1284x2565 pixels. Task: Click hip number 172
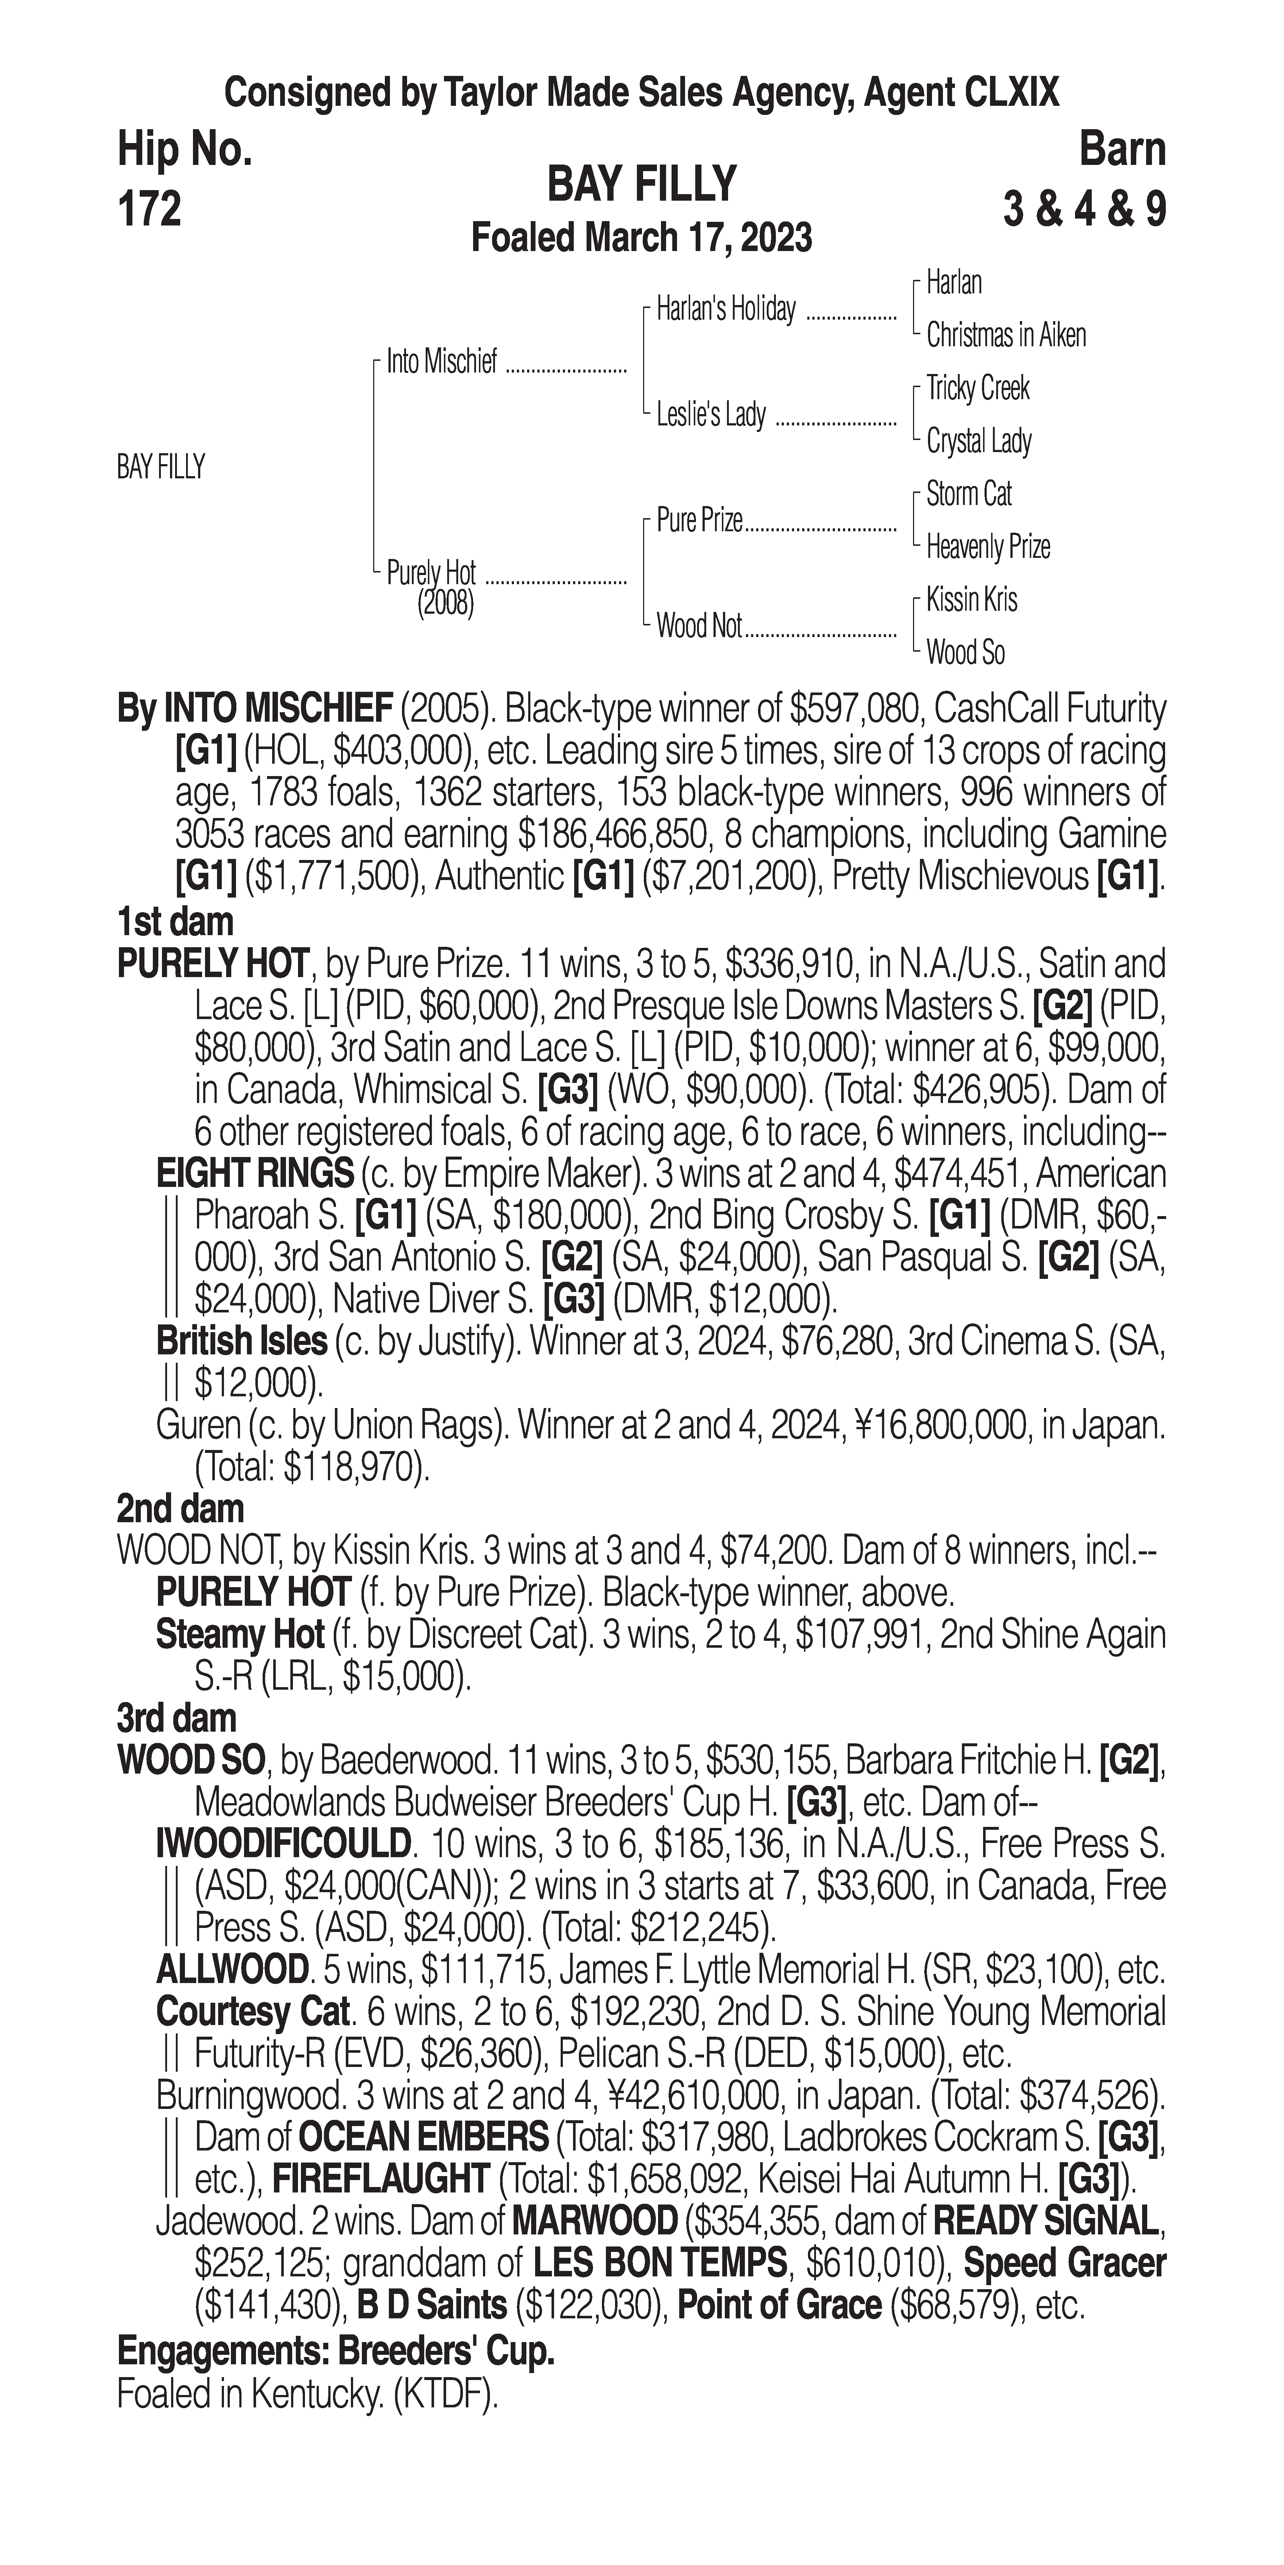click(149, 209)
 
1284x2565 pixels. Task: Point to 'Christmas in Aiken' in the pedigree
click(1005, 336)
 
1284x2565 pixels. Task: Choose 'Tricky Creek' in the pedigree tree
click(978, 388)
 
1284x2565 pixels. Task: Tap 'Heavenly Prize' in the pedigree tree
click(987, 547)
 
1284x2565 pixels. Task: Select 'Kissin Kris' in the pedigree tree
click(971, 599)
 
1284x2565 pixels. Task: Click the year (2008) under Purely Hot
click(445, 603)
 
